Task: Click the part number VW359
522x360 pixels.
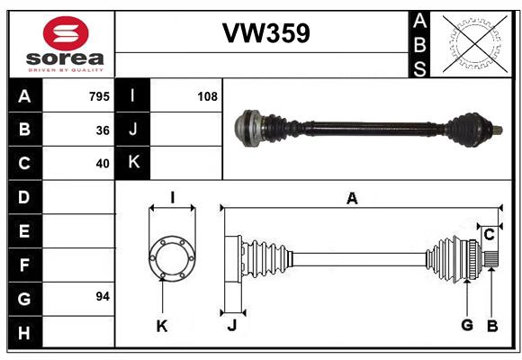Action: tap(266, 34)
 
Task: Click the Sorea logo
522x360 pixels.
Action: tap(66, 43)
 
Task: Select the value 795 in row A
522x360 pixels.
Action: tap(99, 96)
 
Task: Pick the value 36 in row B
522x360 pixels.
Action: tap(103, 130)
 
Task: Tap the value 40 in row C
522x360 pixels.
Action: tap(103, 164)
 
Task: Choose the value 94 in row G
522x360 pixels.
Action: tap(102, 296)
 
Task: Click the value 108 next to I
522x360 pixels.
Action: tap(207, 96)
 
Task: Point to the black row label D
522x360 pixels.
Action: tap(24, 197)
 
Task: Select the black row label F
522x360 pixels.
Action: tap(24, 265)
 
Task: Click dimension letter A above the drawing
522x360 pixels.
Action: tap(352, 199)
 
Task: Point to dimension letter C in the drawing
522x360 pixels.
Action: tap(489, 235)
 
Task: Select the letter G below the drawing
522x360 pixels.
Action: tap(466, 325)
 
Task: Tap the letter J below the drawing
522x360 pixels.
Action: tap(231, 325)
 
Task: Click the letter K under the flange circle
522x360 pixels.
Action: tap(162, 326)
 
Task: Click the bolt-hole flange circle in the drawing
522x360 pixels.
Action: tap(171, 256)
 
